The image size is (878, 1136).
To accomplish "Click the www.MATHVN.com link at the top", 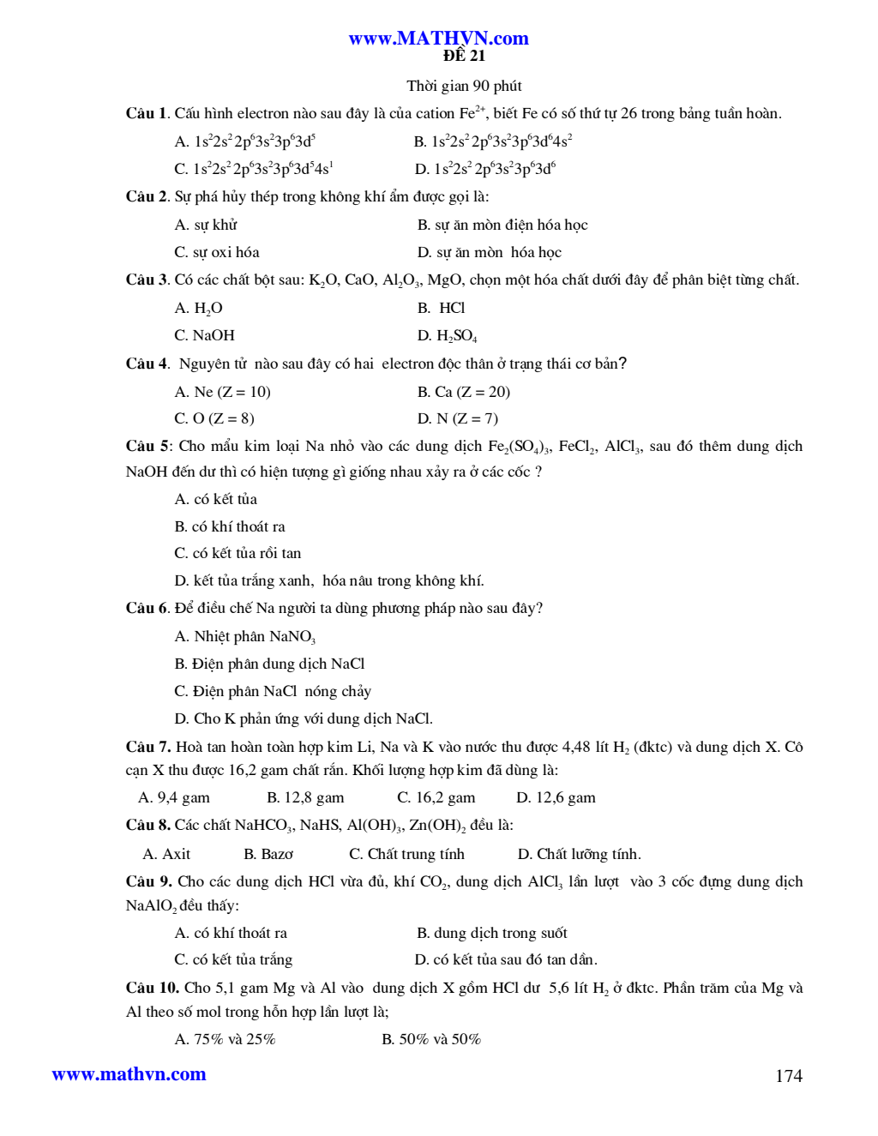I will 438,38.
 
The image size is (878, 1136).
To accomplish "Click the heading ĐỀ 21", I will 464,57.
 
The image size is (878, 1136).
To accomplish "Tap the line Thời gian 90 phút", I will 464,86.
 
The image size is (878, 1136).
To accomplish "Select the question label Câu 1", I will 146,113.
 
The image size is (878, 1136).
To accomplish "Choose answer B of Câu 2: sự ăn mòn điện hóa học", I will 502,225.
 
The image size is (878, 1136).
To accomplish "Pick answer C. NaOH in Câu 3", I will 204,335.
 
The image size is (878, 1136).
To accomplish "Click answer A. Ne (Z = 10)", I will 222,392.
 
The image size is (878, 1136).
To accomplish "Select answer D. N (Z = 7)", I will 457,418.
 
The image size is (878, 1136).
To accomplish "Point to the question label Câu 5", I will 147,446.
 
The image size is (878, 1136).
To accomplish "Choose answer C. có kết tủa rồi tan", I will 238,553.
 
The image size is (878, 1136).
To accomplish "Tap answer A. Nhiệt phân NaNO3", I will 245,636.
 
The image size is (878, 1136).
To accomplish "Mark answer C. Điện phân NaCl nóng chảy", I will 273,691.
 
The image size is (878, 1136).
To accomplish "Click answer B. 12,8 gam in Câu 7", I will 305,797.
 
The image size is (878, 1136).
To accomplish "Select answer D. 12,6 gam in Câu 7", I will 556,797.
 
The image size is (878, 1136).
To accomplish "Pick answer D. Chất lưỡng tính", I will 579,854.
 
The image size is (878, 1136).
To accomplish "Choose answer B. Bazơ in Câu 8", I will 268,854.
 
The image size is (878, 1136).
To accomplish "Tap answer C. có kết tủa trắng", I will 233,959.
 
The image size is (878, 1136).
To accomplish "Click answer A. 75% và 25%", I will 225,1039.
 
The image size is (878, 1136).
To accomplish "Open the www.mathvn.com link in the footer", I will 129,1074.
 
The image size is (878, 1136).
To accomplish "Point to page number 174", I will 788,1076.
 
